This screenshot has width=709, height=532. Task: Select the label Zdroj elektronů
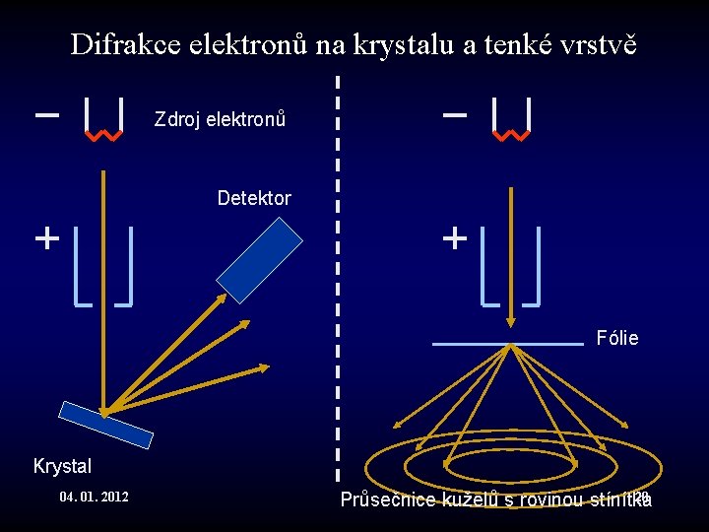click(220, 120)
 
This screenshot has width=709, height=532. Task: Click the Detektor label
click(254, 198)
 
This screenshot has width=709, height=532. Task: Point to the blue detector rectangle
click(260, 259)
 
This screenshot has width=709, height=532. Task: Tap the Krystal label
click(62, 466)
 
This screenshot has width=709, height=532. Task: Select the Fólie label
click(617, 339)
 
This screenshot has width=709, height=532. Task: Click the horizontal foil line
click(508, 344)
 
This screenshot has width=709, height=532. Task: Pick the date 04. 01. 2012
click(94, 497)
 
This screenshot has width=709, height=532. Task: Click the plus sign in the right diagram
click(454, 238)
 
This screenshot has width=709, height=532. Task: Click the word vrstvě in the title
click(609, 44)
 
